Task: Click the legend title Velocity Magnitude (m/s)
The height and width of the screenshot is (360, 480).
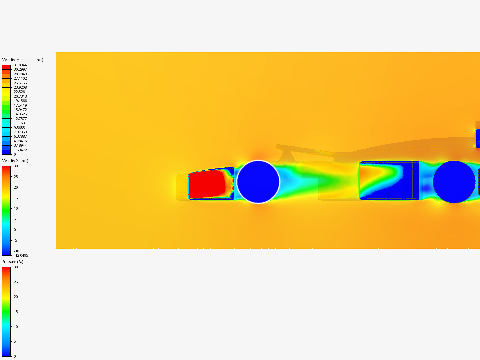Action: (23, 60)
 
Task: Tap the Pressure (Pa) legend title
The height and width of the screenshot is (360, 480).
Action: (13, 262)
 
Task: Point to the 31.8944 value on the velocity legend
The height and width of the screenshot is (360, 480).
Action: (20, 65)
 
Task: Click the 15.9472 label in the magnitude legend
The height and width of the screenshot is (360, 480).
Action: (20, 110)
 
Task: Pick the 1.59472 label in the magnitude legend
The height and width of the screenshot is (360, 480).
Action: (20, 150)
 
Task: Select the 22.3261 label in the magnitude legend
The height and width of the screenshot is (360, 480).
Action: (20, 92)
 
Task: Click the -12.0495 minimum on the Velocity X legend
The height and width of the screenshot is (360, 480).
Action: (21, 256)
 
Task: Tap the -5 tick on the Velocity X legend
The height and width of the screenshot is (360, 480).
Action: (16, 241)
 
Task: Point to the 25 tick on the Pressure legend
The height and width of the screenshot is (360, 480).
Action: (16, 282)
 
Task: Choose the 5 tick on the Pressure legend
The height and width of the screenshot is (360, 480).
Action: (15, 342)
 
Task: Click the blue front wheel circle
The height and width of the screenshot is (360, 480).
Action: (258, 182)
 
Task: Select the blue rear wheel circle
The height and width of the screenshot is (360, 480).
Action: (454, 182)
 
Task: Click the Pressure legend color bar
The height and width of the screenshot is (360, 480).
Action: (6, 312)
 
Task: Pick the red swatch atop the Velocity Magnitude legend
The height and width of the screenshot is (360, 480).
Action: (6, 67)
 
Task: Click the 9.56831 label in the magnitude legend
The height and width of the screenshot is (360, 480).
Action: (20, 128)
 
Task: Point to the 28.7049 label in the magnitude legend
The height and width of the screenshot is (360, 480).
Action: (20, 74)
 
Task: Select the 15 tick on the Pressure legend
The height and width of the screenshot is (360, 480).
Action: (16, 312)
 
